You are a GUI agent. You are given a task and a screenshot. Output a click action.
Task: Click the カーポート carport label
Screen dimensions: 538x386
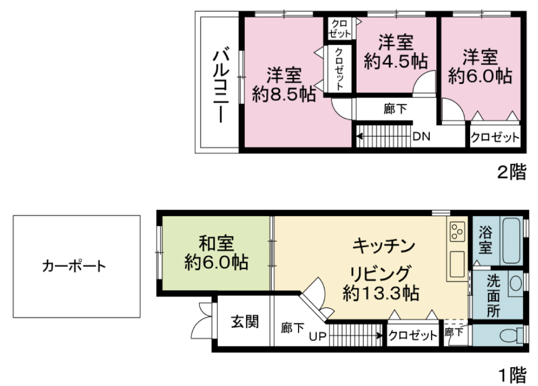74,266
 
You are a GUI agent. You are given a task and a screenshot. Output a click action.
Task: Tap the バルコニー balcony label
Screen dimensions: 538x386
221,85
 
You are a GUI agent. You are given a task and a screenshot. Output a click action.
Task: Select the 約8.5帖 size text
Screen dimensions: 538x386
284,94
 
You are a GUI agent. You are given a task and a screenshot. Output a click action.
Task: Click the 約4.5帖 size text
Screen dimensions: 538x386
395,61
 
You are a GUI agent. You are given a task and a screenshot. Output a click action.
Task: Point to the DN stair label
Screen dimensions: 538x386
421,137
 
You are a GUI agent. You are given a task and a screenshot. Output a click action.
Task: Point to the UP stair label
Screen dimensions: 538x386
317,337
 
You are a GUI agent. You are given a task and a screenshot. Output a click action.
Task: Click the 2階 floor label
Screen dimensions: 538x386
512,172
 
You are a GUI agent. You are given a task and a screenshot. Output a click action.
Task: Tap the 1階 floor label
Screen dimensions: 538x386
513,375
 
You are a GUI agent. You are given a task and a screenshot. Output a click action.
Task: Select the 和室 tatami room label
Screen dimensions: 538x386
216,244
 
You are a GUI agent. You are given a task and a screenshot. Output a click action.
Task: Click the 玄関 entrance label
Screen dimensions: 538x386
245,321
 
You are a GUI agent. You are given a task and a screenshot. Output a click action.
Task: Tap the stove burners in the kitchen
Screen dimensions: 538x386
457,231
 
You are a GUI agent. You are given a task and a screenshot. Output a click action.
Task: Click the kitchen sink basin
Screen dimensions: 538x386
457,264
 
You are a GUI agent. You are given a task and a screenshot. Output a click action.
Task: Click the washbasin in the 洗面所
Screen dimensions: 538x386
515,283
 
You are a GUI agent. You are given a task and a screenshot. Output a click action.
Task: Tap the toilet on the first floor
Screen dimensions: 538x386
512,335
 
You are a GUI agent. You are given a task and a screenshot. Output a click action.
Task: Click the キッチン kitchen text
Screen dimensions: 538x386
384,246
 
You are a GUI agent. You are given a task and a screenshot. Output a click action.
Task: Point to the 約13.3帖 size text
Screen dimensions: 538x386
381,293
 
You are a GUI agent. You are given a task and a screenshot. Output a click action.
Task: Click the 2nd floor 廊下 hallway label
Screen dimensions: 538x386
395,109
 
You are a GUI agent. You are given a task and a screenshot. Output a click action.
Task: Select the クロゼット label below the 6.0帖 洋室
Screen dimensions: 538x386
495,138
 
